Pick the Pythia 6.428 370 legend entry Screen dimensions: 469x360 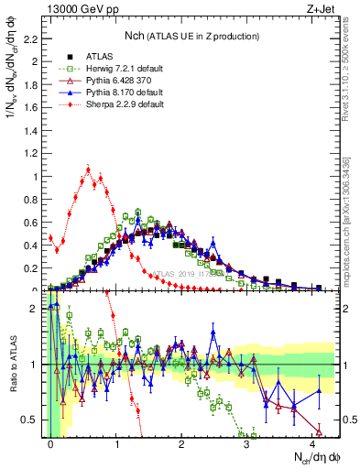pos(112,81)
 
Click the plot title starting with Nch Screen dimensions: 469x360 pos(192,35)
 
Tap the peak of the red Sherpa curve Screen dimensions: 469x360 pos(88,169)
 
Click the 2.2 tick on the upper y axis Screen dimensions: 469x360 pos(37,39)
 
